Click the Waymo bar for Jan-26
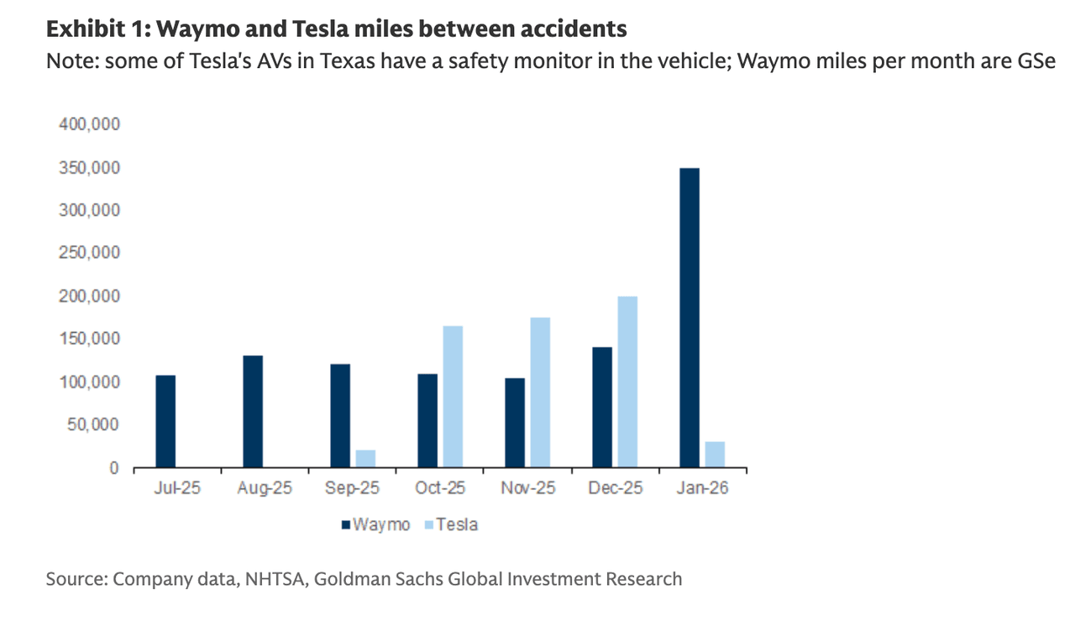point(690,318)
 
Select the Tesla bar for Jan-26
point(715,455)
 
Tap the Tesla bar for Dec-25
point(627,382)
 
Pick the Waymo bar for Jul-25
point(165,421)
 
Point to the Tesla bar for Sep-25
point(365,459)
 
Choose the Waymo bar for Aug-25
point(253,412)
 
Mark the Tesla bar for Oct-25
point(453,397)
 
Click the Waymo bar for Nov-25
point(515,423)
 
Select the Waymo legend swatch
point(345,525)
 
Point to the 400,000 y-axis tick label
point(90,124)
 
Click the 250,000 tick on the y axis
point(90,253)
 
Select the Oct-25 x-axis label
point(440,488)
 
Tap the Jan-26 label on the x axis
point(702,488)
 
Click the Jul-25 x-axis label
point(177,488)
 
